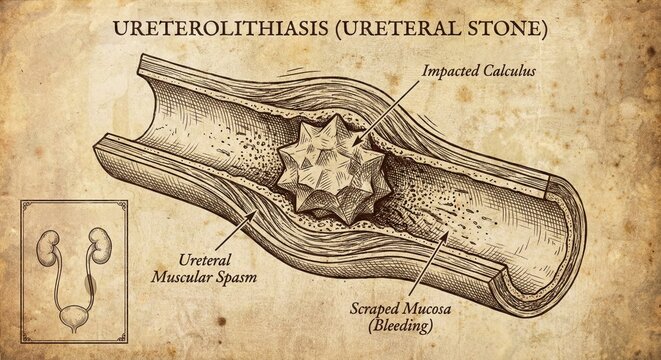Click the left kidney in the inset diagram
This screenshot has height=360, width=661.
coord(46,247)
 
